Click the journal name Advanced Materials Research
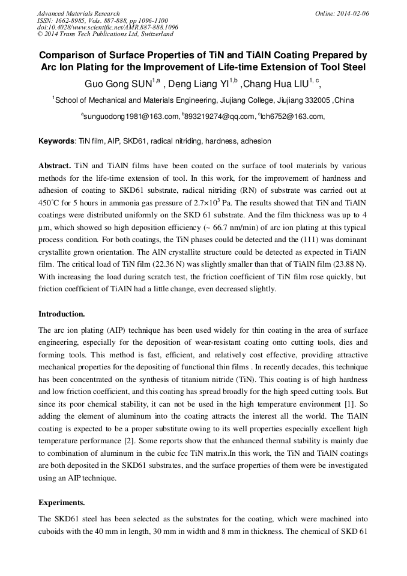78,13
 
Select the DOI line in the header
107,28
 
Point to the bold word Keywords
56,142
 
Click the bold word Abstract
55,165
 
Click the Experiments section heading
61,502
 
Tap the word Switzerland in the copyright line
155,34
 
